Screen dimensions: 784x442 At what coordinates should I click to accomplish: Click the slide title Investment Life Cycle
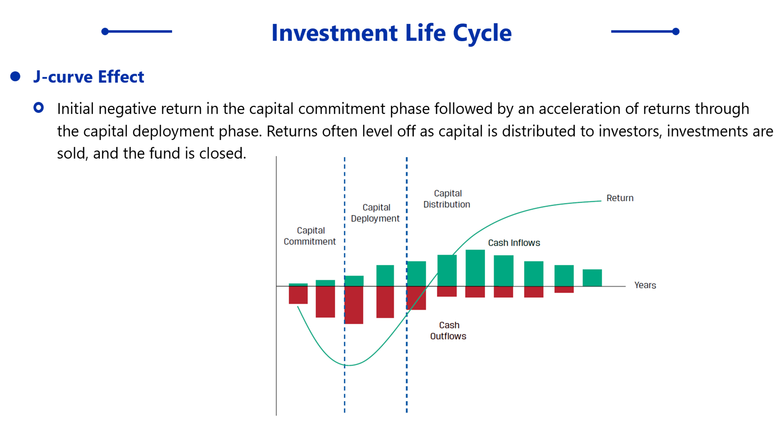tap(392, 33)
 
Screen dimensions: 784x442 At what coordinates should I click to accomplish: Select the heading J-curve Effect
tap(89, 76)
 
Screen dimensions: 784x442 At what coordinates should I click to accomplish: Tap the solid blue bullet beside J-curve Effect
tap(15, 76)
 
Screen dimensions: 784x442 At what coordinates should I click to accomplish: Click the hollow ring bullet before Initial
tap(38, 108)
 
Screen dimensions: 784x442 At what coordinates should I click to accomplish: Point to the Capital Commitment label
tap(310, 236)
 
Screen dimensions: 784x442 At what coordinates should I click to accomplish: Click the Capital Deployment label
tap(375, 213)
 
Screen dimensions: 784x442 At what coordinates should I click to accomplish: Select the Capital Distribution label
tap(447, 199)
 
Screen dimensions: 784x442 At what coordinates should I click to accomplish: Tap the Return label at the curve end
tap(620, 198)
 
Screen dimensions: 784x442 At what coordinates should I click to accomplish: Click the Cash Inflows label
tap(514, 243)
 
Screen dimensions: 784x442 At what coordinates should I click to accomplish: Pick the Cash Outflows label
tap(448, 331)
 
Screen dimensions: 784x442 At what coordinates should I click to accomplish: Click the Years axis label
tap(645, 285)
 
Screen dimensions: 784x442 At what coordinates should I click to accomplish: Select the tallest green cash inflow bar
tap(475, 268)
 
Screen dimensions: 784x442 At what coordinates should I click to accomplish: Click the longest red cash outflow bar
tap(354, 305)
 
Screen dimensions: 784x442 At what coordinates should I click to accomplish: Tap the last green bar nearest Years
tap(592, 278)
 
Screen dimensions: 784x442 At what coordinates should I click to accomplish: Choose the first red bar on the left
tap(298, 295)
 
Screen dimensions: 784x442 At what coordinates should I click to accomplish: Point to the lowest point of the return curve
tap(348, 365)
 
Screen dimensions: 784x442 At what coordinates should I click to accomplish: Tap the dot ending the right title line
tap(676, 31)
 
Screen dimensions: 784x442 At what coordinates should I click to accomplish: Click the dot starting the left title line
tap(105, 31)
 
